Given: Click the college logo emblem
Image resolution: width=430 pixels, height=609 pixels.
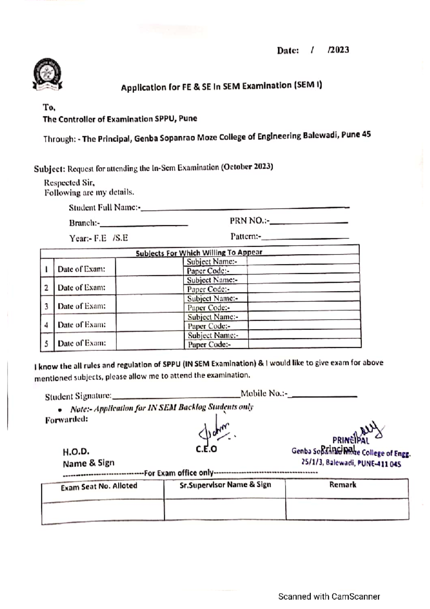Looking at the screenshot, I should click(47, 74).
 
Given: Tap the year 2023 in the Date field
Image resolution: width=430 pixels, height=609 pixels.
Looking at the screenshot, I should click(339, 50).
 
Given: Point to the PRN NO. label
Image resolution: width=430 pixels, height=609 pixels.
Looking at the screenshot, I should click(249, 221).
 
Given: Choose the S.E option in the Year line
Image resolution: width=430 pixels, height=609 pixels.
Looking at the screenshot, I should click(121, 238).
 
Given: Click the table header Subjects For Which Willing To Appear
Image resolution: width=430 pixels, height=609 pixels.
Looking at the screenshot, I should click(199, 252).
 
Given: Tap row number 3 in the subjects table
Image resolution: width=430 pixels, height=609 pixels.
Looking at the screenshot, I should click(47, 306).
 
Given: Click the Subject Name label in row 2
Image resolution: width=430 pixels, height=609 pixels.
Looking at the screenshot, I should click(212, 280).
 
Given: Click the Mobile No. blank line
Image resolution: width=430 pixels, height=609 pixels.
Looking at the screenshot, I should click(324, 396).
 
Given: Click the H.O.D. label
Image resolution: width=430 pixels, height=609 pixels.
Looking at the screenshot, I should click(76, 452).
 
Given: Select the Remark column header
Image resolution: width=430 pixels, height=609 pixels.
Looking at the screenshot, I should click(343, 485).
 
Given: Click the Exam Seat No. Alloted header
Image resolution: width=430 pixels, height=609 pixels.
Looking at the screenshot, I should click(99, 486).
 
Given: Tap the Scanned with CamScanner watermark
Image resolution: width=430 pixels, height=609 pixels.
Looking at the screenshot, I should click(329, 597).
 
